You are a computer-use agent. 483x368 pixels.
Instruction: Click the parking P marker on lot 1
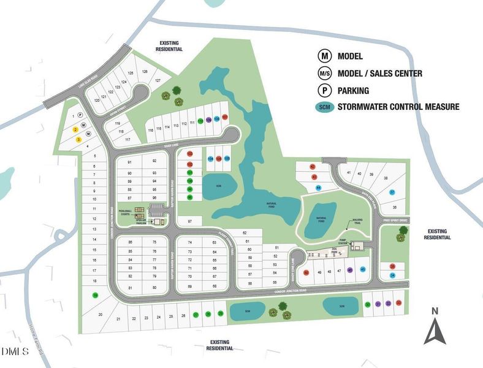[80, 115]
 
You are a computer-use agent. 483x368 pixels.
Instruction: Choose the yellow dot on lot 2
[75, 129]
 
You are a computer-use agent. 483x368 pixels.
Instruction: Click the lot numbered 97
[191, 221]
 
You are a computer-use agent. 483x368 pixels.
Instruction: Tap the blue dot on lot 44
[318, 187]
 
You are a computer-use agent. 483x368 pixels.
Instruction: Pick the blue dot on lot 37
[392, 192]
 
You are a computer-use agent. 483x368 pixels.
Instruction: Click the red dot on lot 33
[399, 303]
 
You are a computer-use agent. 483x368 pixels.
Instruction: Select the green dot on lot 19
[95, 295]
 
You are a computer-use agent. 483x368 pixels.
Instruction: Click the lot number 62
[244, 233]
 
